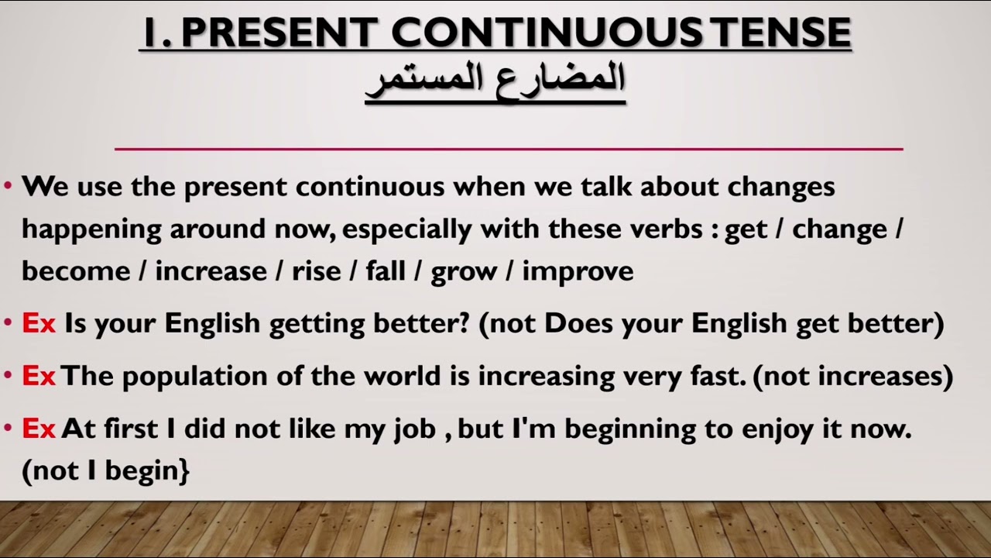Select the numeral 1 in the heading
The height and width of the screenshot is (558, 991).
tap(153, 33)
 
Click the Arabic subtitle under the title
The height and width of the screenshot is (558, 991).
tap(495, 80)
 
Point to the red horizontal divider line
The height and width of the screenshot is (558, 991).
tap(509, 148)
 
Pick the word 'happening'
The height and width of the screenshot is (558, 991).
tap(91, 230)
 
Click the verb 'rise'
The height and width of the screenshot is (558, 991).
tap(316, 271)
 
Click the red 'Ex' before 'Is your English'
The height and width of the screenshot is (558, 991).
tap(39, 323)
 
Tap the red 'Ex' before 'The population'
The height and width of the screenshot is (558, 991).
tap(39, 376)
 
